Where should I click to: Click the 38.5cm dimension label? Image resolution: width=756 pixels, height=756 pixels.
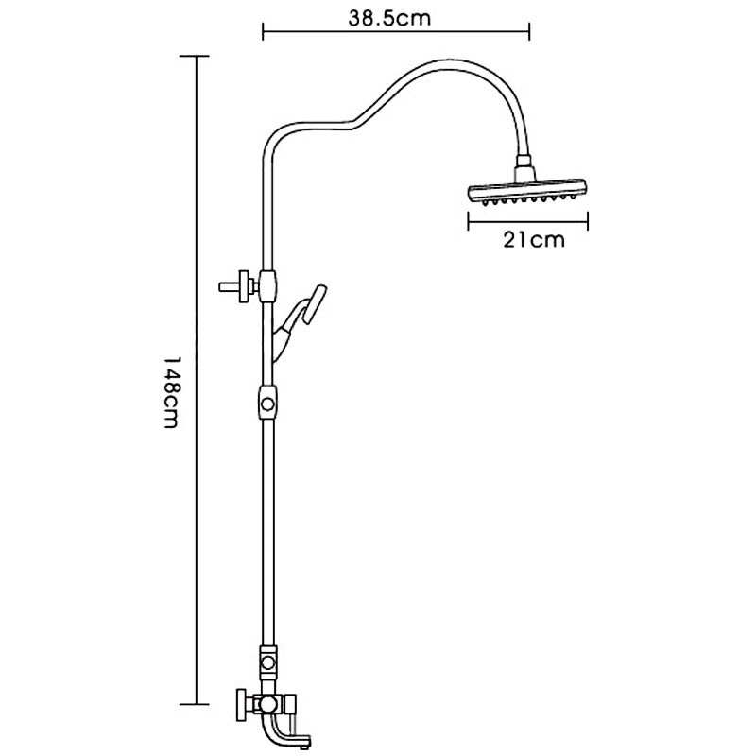click(389, 18)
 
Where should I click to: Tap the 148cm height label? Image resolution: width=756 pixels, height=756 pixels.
click(172, 392)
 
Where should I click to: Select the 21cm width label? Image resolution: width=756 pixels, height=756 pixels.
click(534, 240)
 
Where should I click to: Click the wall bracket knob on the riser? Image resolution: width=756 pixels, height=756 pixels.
click(236, 287)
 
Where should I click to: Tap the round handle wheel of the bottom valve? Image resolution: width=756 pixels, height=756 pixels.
click(241, 705)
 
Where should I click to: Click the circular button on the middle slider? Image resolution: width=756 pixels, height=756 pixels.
click(267, 404)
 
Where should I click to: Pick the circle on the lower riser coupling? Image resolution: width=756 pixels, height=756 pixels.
click(267, 663)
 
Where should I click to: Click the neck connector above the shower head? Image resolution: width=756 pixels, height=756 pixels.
click(525, 168)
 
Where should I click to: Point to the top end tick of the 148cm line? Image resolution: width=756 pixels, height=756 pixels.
click(195, 57)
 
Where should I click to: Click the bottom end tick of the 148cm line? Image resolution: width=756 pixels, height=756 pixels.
click(195, 704)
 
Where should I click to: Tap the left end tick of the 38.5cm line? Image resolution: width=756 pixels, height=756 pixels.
click(263, 32)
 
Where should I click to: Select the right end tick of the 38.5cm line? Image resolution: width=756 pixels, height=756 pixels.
click(530, 32)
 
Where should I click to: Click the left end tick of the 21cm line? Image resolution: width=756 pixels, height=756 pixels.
click(468, 221)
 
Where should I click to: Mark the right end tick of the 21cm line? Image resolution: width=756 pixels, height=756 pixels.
click(588, 221)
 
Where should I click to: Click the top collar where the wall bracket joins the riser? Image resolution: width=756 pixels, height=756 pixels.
click(267, 286)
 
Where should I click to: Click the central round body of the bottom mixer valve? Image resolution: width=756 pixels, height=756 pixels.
click(266, 705)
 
